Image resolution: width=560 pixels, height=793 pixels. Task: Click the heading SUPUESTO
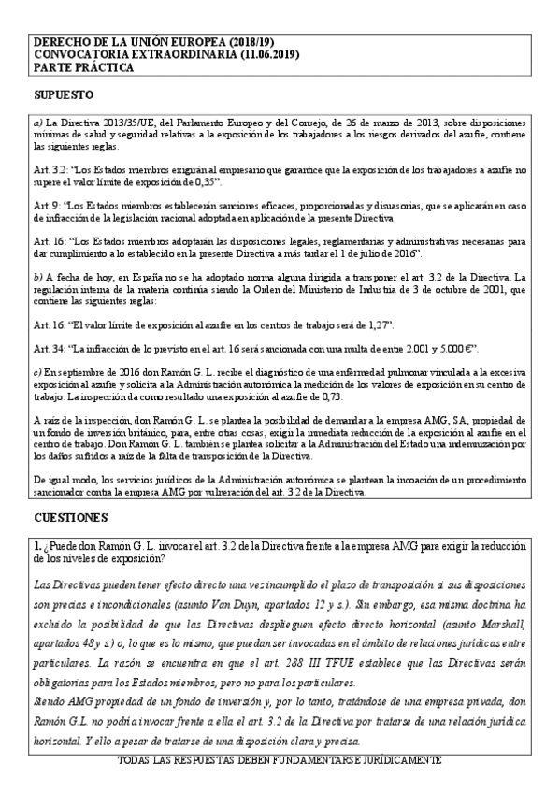(63, 96)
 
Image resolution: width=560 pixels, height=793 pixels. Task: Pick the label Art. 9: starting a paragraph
(47, 204)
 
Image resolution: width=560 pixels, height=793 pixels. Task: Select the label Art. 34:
(49, 348)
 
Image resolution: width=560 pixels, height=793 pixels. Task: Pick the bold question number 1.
(37, 544)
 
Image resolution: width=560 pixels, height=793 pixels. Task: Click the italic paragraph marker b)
(37, 277)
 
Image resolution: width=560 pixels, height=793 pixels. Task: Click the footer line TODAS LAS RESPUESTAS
(280, 762)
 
